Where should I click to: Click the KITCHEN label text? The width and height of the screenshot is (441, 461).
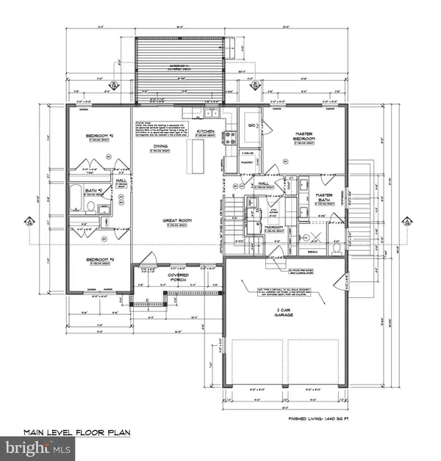coord(205,132)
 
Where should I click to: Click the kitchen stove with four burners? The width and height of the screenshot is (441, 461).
coord(229,138)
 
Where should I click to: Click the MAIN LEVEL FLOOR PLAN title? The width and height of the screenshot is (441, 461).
coord(76,432)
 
